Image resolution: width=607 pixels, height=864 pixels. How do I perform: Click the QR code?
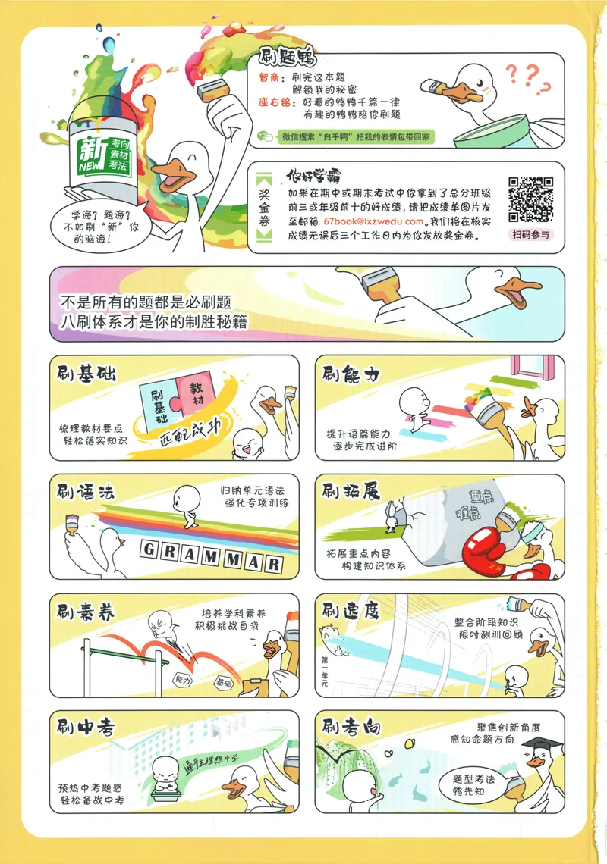click(x=530, y=199)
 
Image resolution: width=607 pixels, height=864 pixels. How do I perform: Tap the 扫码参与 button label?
click(x=530, y=235)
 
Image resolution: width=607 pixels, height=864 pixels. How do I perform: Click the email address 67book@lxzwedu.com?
click(x=373, y=221)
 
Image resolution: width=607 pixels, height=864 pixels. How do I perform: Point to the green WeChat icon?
click(x=266, y=136)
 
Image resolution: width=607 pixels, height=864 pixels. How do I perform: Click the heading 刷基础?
click(x=86, y=374)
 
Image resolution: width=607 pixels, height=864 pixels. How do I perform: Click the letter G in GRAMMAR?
click(x=149, y=549)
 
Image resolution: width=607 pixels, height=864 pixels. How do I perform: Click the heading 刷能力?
click(x=351, y=374)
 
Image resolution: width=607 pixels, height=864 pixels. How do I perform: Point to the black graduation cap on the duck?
click(x=543, y=746)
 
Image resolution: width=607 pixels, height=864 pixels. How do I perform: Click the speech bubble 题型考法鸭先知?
click(x=473, y=785)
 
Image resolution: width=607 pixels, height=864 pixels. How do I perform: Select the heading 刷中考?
click(x=86, y=727)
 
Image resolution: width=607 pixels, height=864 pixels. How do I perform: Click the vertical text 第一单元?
click(x=325, y=671)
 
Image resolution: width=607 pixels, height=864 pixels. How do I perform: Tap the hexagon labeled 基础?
click(x=224, y=684)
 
